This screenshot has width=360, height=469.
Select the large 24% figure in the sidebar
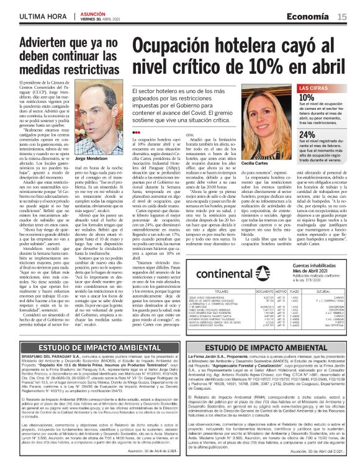(307, 135)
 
